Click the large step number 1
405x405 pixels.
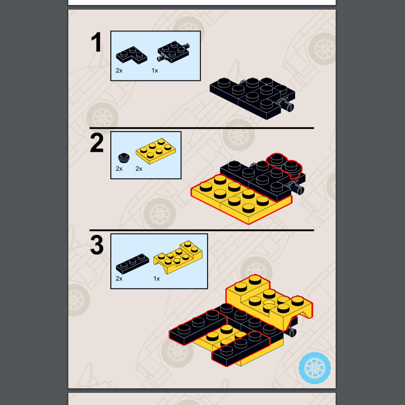(x=96, y=42)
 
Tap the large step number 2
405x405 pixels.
(x=97, y=143)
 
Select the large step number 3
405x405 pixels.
(x=97, y=245)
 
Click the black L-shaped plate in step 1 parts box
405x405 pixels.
(x=132, y=55)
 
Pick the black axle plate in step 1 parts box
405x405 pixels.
(x=173, y=52)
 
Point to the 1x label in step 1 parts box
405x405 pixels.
(x=155, y=70)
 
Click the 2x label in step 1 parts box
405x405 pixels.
(x=119, y=70)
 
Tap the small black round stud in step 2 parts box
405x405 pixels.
(x=124, y=158)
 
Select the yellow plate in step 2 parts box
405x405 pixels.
(x=156, y=151)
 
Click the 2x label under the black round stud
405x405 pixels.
(x=119, y=169)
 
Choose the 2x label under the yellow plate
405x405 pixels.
(x=139, y=169)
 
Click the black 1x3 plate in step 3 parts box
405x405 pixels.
(x=133, y=264)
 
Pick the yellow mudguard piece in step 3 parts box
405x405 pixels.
(x=178, y=257)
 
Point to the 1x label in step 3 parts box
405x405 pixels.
(x=156, y=279)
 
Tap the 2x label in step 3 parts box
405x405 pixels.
(x=119, y=279)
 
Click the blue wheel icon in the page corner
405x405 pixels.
(x=314, y=368)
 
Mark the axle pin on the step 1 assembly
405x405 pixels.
(x=287, y=105)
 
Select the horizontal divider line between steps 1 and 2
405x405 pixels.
(x=201, y=128)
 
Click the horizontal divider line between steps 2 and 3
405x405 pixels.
(x=201, y=230)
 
